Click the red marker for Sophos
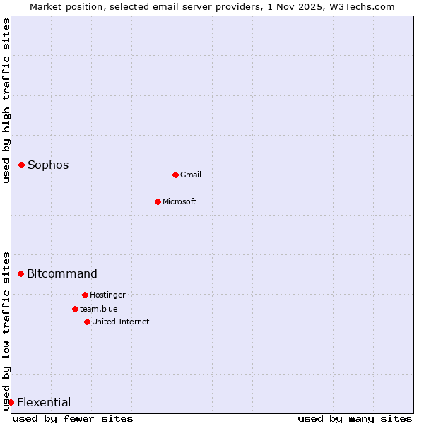click(21, 165)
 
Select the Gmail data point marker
click(175, 175)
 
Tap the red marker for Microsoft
click(158, 201)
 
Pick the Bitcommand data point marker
click(20, 273)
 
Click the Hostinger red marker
click(85, 295)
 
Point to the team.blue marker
click(75, 309)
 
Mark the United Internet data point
click(87, 322)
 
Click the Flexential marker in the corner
click(11, 402)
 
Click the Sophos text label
click(48, 165)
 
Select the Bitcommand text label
click(62, 273)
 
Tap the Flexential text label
click(44, 402)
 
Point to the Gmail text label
click(191, 175)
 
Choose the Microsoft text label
click(179, 201)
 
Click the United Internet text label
click(121, 322)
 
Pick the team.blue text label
click(99, 309)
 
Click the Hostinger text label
click(107, 295)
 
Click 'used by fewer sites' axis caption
click(73, 418)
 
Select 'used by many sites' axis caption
click(355, 418)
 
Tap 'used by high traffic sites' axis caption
click(6, 100)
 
